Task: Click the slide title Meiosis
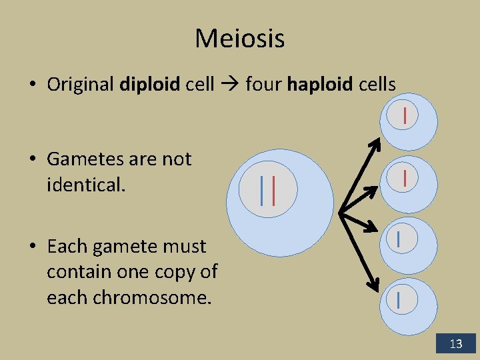click(x=239, y=39)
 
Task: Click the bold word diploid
click(x=150, y=85)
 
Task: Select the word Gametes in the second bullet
click(x=85, y=159)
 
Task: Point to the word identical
click(x=85, y=185)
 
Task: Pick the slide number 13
click(x=456, y=344)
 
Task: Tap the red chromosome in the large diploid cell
click(x=273, y=190)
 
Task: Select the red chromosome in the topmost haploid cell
click(x=405, y=115)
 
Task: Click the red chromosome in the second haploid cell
click(x=405, y=177)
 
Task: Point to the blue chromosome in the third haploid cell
click(x=398, y=238)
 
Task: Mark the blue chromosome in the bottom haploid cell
click(x=399, y=299)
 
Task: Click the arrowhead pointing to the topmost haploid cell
click(x=375, y=142)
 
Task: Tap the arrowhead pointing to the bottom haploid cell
click(x=375, y=287)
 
